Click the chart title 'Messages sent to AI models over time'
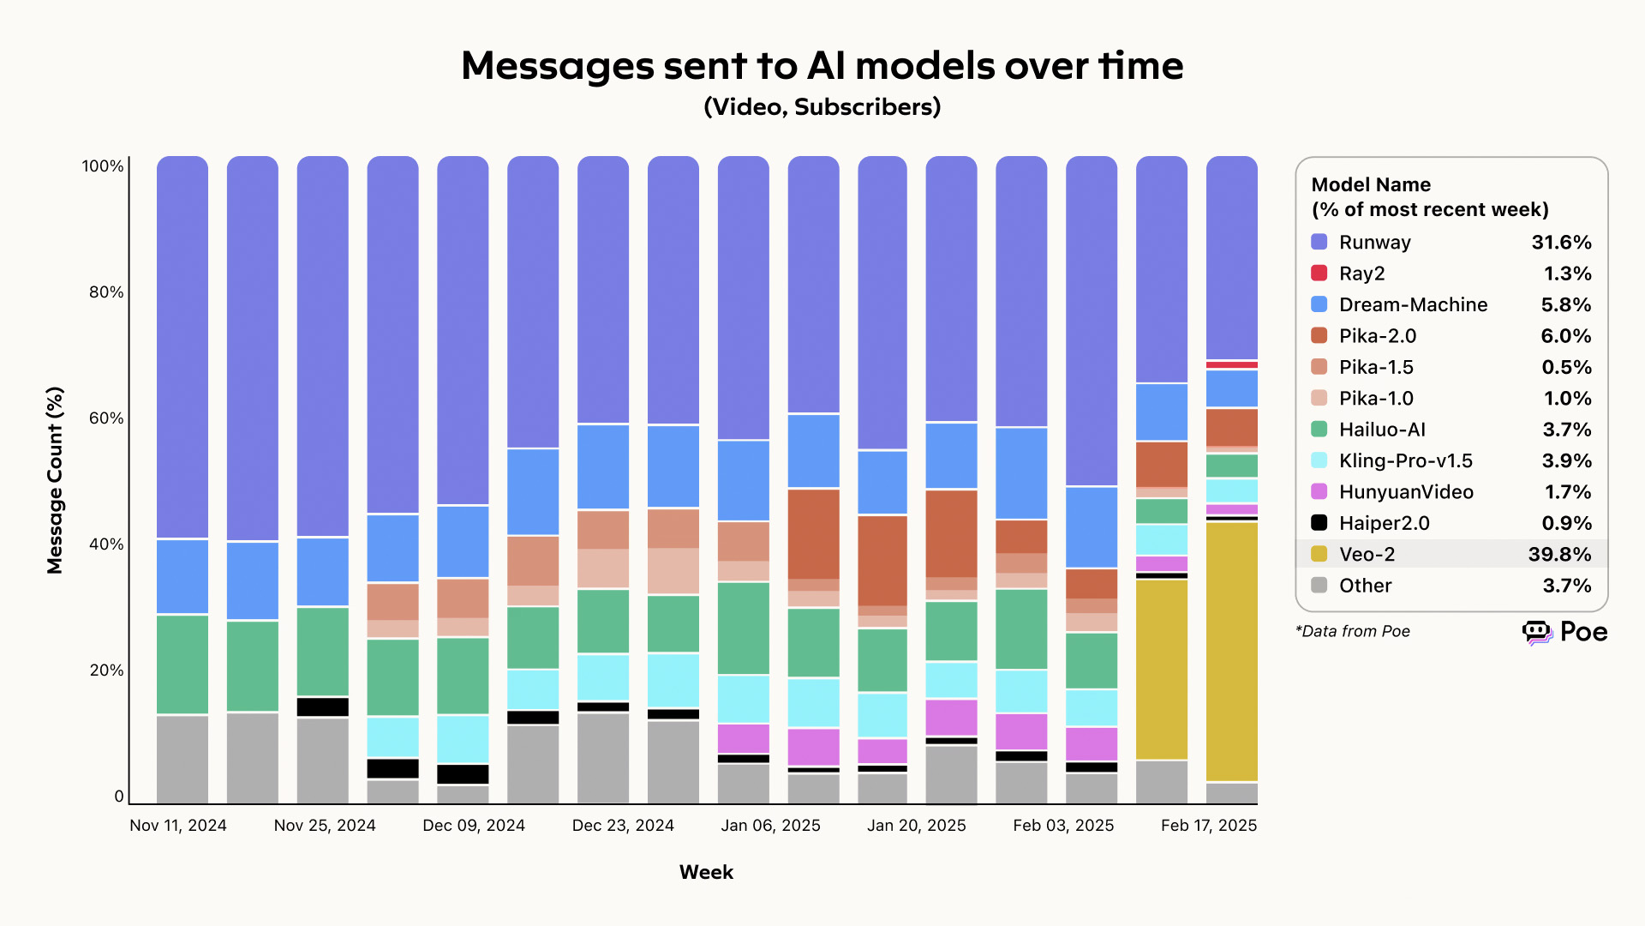[822, 66]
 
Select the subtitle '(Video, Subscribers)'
[822, 107]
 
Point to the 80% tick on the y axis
[106, 292]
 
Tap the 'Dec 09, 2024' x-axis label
[474, 826]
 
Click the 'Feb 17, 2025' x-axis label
[1208, 826]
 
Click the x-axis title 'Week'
[706, 872]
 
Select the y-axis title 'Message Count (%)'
[56, 480]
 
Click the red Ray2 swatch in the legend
[1319, 274]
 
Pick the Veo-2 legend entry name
[1367, 555]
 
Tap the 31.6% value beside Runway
[1561, 243]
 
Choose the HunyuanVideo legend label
[1406, 492]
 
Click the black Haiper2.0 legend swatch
[1319, 523]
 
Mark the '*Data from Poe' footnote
[1353, 632]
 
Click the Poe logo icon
[1537, 633]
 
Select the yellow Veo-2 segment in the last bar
[1231, 652]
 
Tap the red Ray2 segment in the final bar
[1231, 365]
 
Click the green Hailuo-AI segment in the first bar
[182, 664]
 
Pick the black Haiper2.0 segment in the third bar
[323, 707]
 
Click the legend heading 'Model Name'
[1371, 185]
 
